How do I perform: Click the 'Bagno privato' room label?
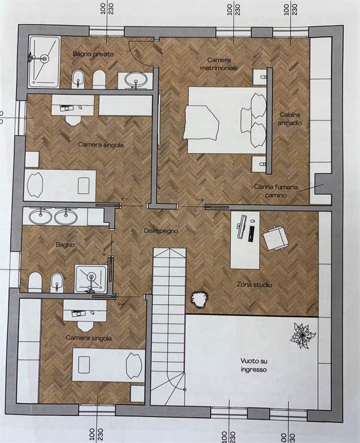pos(93,54)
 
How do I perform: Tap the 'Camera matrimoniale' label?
pos(219,64)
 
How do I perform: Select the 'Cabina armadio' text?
pos(290,119)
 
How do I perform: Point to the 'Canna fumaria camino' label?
pos(275,190)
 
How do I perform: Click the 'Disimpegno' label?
pos(161,231)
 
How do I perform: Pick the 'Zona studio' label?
pos(254,285)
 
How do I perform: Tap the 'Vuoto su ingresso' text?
pos(254,365)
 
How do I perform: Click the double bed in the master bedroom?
pos(227,120)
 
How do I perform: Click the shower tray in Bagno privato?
pos(44,62)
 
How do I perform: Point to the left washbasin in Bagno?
pos(41,217)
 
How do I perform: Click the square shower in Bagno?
pos(91,279)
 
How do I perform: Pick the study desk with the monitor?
pos(245,240)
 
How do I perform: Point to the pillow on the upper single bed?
pos(35,185)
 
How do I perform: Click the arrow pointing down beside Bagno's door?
pos(104,251)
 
